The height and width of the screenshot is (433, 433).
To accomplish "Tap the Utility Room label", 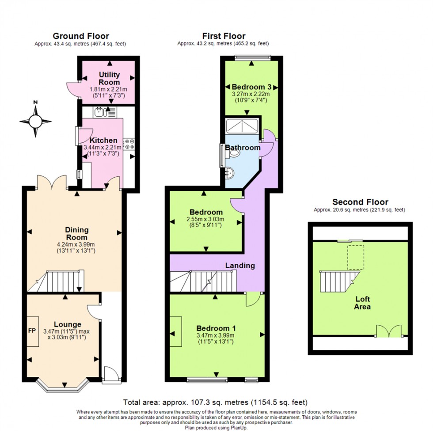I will (x=109, y=79).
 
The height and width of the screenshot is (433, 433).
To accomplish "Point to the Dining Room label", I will (x=77, y=234).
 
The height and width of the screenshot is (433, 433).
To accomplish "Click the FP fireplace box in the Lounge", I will (x=32, y=330).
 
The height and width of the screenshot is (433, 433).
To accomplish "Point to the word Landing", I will (x=240, y=266).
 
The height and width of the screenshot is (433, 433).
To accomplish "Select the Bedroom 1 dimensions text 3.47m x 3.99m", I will (x=216, y=335).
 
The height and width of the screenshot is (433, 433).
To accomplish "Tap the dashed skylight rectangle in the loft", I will (x=355, y=257).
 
